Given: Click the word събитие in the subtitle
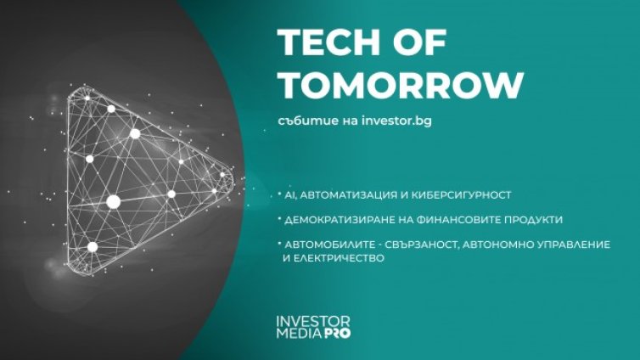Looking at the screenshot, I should (304, 121).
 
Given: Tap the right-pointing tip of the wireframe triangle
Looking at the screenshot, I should (229, 176).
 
